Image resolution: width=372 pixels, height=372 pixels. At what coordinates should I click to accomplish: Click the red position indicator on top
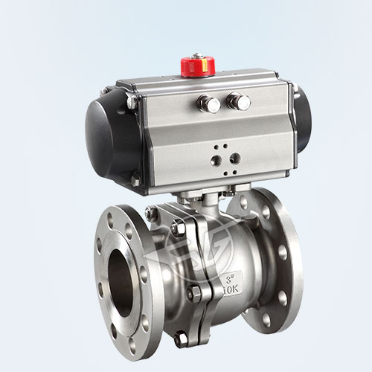tap(198, 65)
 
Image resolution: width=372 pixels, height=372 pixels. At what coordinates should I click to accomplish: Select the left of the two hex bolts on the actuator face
tap(212, 104)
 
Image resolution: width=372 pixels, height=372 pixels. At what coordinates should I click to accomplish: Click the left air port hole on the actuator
tap(216, 160)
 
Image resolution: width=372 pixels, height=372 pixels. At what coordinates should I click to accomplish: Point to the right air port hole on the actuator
tap(236, 157)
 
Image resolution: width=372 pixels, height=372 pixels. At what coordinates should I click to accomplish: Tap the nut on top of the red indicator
tap(197, 56)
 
